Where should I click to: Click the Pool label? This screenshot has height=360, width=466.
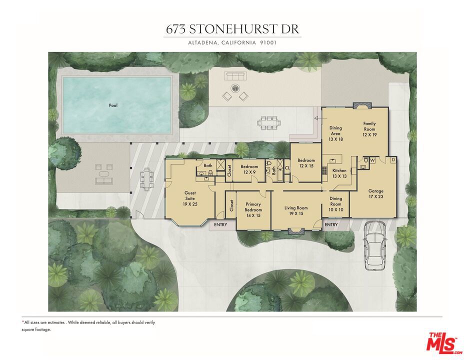click(x=113, y=105)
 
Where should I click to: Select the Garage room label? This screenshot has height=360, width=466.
click(x=375, y=194)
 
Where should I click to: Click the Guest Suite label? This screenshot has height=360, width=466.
click(x=189, y=198)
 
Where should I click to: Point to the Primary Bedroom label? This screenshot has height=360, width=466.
click(x=253, y=207)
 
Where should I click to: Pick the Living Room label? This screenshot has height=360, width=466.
click(x=296, y=210)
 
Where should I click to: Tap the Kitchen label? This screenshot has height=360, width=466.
click(x=339, y=173)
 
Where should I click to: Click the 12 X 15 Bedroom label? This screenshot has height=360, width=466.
click(x=305, y=163)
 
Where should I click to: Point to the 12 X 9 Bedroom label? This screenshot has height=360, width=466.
click(x=249, y=169)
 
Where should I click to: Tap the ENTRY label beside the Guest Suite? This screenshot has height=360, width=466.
click(x=220, y=224)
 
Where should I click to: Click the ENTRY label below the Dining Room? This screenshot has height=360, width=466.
click(x=331, y=224)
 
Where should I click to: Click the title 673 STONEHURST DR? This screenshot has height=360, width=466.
click(x=233, y=29)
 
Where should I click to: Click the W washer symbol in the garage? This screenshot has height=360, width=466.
click(x=372, y=160)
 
